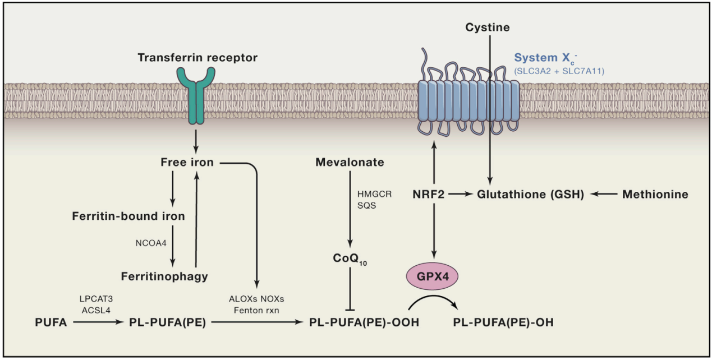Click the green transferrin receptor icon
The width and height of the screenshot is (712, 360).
195,98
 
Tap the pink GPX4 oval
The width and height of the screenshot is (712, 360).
433,276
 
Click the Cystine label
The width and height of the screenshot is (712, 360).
488,27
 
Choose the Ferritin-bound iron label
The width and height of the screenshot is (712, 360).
128,216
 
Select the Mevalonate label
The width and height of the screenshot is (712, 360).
350,163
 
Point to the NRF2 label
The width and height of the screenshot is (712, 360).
433,195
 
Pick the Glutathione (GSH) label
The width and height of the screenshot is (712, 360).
530,195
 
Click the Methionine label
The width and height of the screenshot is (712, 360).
655,195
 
